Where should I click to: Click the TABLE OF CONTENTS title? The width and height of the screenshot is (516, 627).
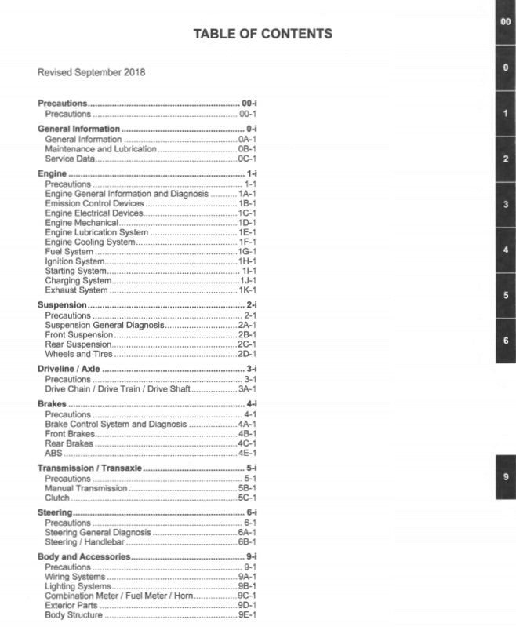[x=262, y=34]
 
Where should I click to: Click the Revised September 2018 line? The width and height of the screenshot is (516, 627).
[x=91, y=72]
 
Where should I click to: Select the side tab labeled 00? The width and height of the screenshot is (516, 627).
[x=506, y=22]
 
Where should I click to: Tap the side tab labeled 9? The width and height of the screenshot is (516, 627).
[x=506, y=477]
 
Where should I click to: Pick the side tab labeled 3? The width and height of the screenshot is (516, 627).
[x=506, y=204]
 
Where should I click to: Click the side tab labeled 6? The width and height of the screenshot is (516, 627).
[x=506, y=341]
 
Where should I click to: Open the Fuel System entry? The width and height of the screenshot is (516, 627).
[x=69, y=252]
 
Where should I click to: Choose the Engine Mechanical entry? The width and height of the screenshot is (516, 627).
[x=82, y=223]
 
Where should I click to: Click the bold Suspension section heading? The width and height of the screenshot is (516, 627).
[x=62, y=305]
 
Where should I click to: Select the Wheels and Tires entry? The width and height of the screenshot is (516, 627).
[x=79, y=354]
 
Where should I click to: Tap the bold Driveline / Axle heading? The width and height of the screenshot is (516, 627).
[x=69, y=369]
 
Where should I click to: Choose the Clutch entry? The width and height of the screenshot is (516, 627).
[x=57, y=498]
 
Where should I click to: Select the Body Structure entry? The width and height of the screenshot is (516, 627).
[x=74, y=615]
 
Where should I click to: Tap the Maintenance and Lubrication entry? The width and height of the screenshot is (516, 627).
[x=100, y=149]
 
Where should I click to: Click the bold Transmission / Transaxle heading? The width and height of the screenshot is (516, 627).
[x=89, y=468]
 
